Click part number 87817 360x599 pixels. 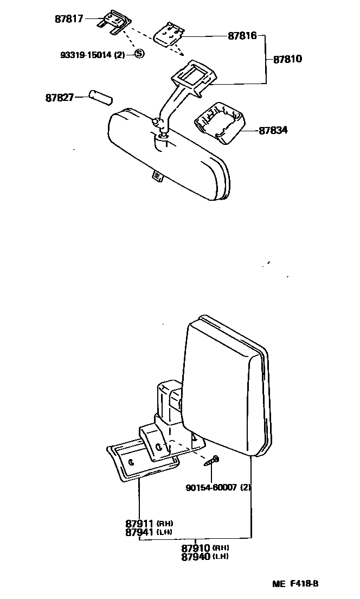click(x=69, y=18)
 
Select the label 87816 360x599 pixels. click(x=242, y=37)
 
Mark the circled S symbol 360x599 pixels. click(x=139, y=53)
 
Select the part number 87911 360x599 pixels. click(x=140, y=524)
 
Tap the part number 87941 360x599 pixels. click(x=140, y=532)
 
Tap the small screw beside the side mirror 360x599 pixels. click(x=212, y=461)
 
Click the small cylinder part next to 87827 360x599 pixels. click(x=100, y=98)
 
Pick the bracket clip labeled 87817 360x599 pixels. click(x=114, y=23)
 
